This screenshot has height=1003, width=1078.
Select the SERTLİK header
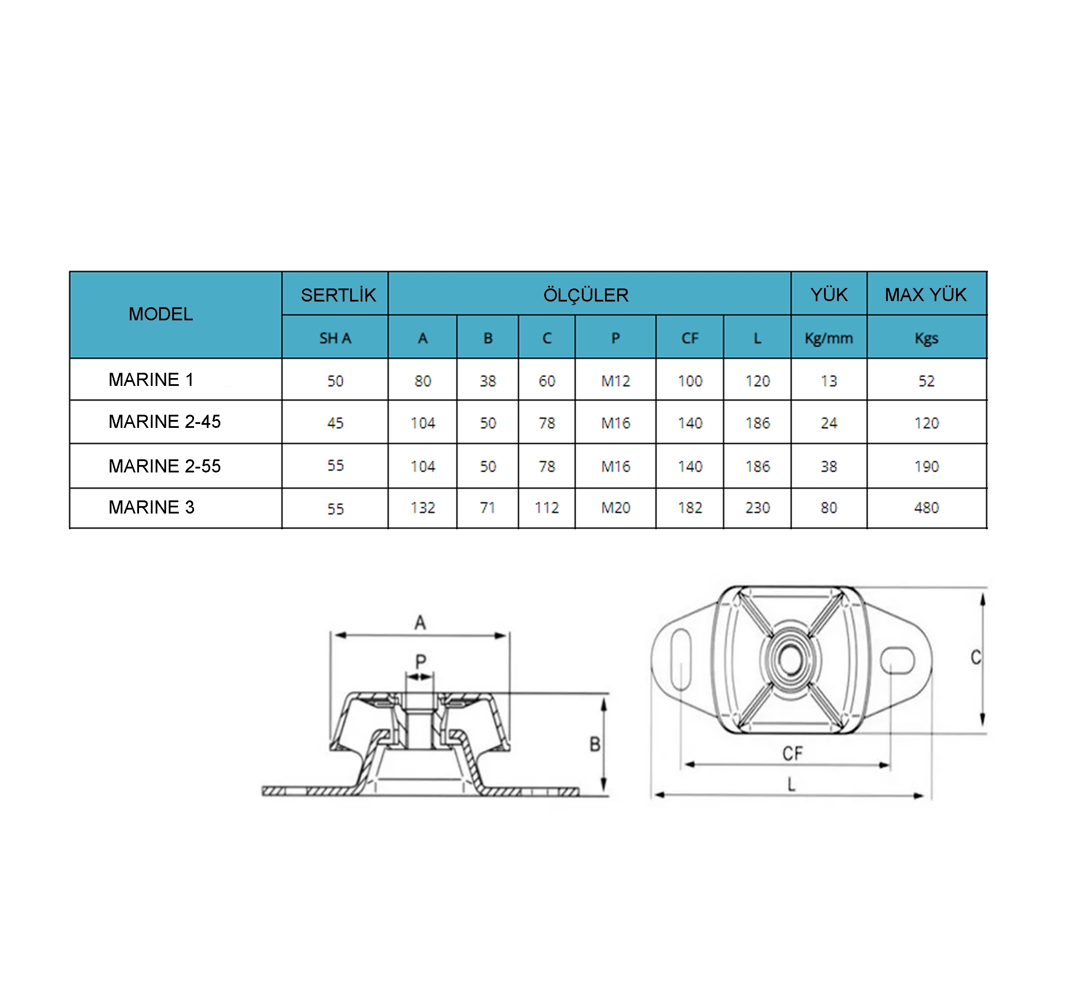pos(338,295)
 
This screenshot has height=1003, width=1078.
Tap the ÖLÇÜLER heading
pos(586,295)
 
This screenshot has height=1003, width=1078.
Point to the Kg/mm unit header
pos(828,338)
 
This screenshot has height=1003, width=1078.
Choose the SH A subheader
pos(335,338)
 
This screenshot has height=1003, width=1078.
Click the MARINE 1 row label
pos(151,379)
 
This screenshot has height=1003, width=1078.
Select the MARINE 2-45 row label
pos(165,421)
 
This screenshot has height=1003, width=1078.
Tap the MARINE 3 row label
pos(151,507)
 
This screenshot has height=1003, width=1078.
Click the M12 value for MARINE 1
pos(616,381)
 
